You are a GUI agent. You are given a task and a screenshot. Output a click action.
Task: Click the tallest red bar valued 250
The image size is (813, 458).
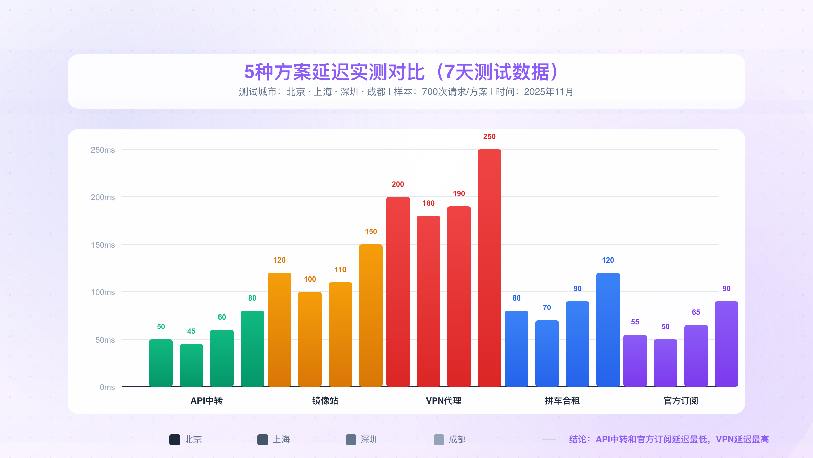(489, 268)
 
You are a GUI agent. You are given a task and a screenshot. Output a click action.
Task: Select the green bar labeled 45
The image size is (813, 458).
(191, 365)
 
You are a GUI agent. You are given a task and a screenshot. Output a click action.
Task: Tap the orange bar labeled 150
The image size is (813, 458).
(371, 316)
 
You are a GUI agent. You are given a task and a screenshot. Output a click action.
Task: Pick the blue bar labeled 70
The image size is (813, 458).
(547, 354)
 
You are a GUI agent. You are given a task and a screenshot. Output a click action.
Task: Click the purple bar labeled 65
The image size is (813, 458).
(696, 356)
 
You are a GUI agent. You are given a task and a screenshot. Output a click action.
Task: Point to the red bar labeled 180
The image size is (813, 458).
(428, 301)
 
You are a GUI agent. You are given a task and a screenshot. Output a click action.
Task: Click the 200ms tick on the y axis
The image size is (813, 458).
(103, 197)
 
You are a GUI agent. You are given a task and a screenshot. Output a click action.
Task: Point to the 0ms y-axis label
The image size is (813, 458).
(107, 387)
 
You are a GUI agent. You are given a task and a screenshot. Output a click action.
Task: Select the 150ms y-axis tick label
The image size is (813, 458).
(103, 245)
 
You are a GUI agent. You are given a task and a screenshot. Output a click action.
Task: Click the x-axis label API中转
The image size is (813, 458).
(206, 401)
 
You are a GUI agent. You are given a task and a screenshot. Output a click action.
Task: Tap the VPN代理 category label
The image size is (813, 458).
(443, 401)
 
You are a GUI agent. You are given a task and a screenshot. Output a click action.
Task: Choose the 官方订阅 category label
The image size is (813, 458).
(681, 401)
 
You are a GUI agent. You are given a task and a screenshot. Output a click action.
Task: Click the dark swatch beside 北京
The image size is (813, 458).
(175, 440)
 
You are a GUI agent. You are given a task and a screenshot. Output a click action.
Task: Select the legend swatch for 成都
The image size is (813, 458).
(439, 440)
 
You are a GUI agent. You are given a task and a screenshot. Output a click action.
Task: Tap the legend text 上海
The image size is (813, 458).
(281, 440)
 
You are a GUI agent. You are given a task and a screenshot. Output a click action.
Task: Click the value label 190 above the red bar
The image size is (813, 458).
(459, 194)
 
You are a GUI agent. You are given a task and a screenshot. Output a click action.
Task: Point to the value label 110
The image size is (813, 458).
(340, 270)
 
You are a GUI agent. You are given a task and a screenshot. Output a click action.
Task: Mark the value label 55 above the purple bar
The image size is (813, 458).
(635, 322)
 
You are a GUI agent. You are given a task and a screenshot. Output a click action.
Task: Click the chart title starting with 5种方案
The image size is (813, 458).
(401, 72)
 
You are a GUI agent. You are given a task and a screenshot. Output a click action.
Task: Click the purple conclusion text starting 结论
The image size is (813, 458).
(669, 440)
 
